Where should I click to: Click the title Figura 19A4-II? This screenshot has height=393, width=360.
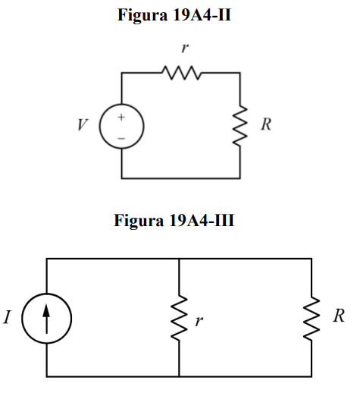point(174,15)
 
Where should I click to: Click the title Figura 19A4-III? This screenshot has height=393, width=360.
point(174,220)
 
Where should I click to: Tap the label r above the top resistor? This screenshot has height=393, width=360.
point(185,48)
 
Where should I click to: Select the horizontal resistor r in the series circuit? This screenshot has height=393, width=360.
point(182,73)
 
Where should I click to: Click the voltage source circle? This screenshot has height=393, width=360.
point(100,126)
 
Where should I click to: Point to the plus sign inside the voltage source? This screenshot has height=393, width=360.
point(121,117)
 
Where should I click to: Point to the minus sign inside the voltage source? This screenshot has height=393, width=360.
point(121,138)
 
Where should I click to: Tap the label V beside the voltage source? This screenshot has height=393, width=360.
point(83,124)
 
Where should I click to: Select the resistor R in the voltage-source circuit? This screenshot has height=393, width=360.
point(240,125)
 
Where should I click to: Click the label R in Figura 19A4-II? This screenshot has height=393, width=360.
point(266,124)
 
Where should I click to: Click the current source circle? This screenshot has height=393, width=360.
point(22,319)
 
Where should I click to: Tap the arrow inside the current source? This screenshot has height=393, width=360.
point(46,319)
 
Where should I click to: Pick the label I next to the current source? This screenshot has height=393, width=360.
point(7,317)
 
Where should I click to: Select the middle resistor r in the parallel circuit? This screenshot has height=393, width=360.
point(179,318)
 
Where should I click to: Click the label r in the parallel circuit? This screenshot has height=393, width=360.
point(199,321)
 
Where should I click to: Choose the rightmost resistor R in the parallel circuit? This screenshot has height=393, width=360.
point(311,318)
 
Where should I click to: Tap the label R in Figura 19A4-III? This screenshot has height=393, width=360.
point(339,316)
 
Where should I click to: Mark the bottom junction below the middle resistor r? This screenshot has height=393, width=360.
point(179,376)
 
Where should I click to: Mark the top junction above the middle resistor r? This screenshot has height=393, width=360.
point(179,259)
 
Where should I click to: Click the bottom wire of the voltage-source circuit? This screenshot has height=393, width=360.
point(181,178)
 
